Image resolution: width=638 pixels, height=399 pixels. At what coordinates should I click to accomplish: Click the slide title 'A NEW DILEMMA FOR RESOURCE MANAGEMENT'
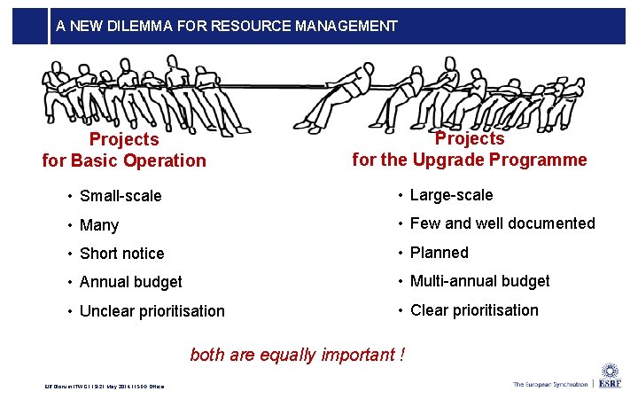(226, 26)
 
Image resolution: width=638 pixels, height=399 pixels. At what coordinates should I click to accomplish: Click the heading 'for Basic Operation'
(124, 160)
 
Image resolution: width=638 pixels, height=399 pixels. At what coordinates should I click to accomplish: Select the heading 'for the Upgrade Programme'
(470, 160)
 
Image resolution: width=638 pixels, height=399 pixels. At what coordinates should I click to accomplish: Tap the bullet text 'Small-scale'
(121, 196)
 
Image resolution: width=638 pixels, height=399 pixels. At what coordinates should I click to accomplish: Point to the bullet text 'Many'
(99, 225)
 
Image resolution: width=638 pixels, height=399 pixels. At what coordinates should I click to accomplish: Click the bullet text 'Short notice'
(122, 254)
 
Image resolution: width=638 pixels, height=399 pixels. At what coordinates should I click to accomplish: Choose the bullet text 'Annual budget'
(131, 282)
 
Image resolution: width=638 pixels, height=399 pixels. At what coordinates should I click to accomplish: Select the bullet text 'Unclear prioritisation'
(152, 311)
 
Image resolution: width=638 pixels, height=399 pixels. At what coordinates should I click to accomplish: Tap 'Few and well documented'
(502, 223)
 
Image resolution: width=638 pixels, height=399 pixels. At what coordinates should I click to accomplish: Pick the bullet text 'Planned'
(440, 253)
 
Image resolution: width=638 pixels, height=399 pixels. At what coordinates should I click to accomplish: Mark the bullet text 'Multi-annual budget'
(479, 281)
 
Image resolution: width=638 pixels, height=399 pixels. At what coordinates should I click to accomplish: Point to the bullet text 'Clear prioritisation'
(474, 310)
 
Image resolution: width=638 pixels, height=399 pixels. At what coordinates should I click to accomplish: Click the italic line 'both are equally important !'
(298, 355)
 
